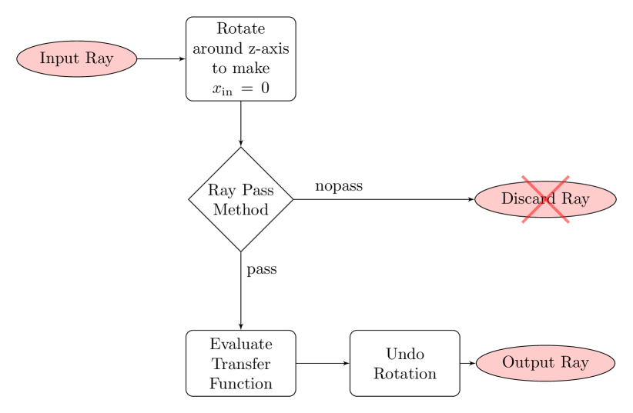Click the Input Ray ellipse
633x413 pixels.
tap(76, 59)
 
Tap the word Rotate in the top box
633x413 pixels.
tap(240, 29)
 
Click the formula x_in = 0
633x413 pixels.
tap(240, 88)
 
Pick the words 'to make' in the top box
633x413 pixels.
tap(240, 68)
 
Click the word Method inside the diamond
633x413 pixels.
tap(240, 209)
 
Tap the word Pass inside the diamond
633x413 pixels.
tap(257, 191)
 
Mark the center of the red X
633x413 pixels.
tap(545, 199)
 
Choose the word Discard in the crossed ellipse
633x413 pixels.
tap(528, 199)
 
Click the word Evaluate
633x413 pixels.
tap(240, 345)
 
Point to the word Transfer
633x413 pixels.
tap(240, 364)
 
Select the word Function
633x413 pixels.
tap(240, 383)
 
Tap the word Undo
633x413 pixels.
tap(405, 355)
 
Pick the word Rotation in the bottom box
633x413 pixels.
tap(405, 374)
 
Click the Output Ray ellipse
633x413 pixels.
tap(545, 363)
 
